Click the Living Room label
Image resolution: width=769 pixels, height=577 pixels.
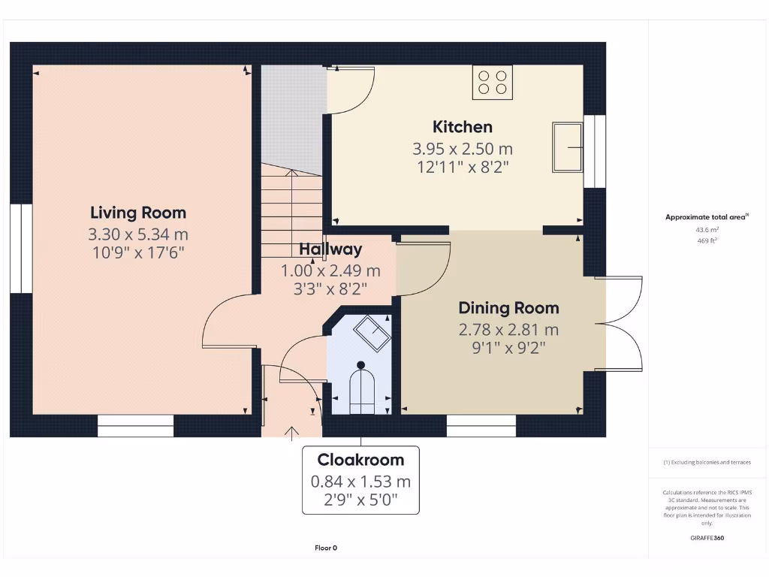tap(138, 213)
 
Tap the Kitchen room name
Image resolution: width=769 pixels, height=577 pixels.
tap(462, 127)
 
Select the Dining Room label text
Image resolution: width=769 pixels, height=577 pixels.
tap(508, 308)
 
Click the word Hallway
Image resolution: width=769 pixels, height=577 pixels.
tap(330, 249)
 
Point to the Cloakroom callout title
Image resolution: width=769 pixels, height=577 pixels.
tap(360, 460)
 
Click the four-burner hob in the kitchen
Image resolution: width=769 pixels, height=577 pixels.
tap(492, 82)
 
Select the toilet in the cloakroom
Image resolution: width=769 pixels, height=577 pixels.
tap(361, 389)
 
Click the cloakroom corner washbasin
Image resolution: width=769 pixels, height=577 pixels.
tap(372, 331)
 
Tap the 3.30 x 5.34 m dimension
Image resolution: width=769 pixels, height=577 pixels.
tap(138, 234)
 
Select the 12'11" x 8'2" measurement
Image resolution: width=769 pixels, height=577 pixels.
tap(463, 167)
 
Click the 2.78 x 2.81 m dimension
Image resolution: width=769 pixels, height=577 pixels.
tap(508, 329)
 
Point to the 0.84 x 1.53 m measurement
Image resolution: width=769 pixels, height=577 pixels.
tap(360, 482)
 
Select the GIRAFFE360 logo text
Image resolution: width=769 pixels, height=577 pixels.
tap(707, 538)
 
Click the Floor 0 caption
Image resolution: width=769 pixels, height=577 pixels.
tap(326, 548)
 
